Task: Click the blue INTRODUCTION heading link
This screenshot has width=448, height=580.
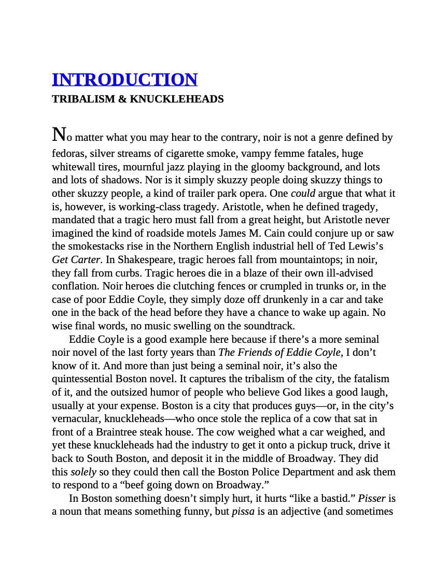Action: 124,80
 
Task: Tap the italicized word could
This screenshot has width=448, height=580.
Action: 303,194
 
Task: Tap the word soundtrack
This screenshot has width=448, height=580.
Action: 270,326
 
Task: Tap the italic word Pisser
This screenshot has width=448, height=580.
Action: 372,499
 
